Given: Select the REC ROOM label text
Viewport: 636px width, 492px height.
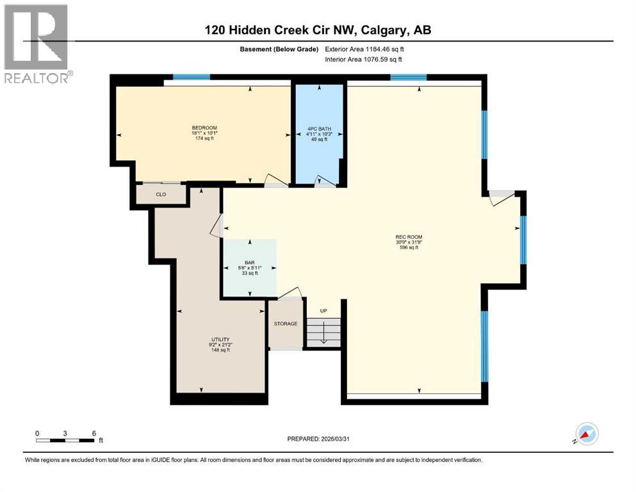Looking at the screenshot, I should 409,237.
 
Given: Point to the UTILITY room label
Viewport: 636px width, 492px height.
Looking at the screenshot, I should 221,340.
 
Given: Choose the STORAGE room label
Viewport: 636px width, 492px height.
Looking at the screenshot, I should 285,324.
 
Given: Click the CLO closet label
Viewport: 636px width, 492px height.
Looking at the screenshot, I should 160,193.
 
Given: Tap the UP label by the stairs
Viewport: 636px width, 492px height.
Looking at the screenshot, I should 323,311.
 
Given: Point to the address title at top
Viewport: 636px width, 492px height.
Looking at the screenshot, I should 322,30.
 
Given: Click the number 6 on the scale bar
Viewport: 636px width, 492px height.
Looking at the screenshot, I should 94,433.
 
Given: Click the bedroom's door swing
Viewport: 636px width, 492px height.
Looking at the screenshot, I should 275,181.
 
